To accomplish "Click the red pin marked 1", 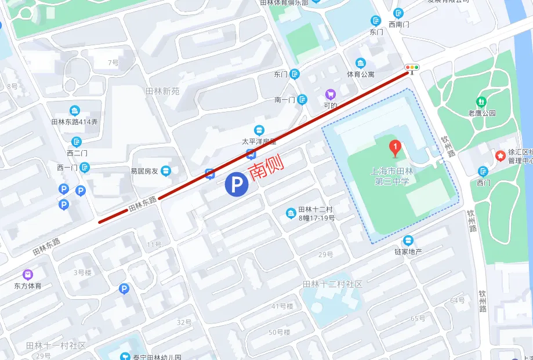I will click(395, 148).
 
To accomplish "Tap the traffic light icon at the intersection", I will click(412, 68).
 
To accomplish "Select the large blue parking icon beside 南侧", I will click(237, 186).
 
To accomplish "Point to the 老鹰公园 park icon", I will click(481, 101).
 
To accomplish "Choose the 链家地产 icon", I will click(408, 240).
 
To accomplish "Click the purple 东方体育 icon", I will click(28, 274).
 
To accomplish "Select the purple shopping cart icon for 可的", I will click(330, 94).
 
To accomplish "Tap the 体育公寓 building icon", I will click(361, 63).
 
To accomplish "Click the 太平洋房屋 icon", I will click(259, 129).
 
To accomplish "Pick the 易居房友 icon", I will click(166, 170).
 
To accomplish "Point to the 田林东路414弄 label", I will click(74, 122).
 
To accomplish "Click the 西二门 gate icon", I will click(77, 141).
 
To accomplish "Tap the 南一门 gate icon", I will click(302, 100).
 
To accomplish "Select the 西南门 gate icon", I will click(398, 13).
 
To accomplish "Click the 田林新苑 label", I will click(162, 91).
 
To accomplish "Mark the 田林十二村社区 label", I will click(332, 284).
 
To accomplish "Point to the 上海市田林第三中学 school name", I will click(393, 176).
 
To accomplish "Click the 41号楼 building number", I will click(282, 306).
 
